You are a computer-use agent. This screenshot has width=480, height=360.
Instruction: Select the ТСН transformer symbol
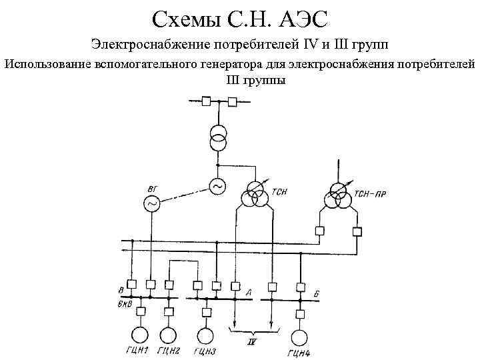coord(253,197)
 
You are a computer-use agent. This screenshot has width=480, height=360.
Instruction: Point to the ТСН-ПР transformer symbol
coord(335,196)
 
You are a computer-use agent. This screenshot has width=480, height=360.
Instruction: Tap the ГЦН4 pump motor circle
coord(301,337)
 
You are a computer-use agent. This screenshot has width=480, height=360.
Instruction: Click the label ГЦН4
coord(300,353)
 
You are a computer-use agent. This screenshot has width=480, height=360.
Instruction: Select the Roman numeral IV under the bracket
coord(252,342)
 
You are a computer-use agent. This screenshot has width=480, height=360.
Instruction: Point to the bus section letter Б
coord(317,293)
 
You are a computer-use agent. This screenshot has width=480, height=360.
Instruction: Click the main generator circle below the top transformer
coord(217,188)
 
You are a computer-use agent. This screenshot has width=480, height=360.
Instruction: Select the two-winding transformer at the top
coord(217,136)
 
